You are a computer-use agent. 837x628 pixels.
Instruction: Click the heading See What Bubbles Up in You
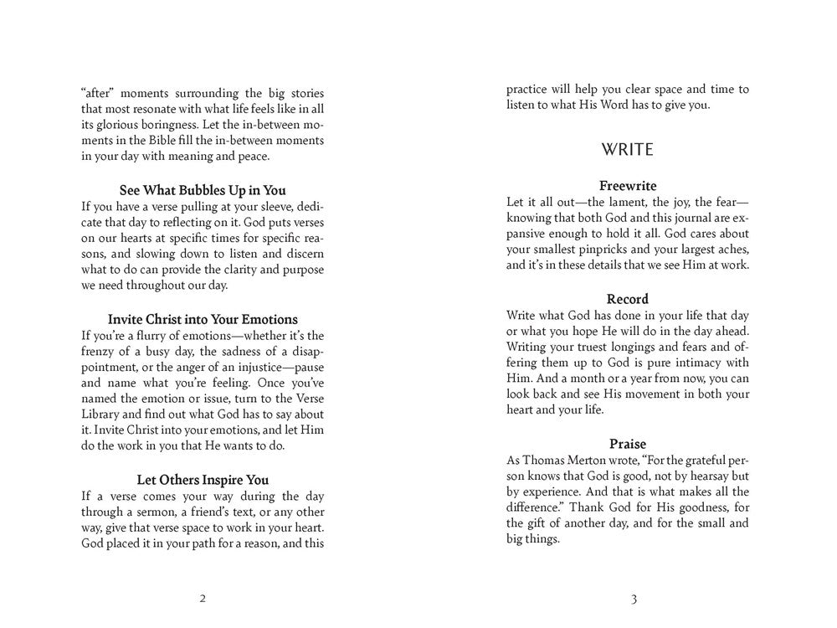pyautogui.click(x=203, y=190)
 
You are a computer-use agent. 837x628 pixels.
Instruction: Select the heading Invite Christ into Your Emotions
pyautogui.click(x=203, y=319)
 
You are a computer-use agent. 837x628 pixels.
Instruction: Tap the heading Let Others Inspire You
pyautogui.click(x=203, y=480)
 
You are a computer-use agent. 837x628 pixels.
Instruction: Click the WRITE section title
pyautogui.click(x=628, y=150)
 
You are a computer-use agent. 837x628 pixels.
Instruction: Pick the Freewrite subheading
pyautogui.click(x=628, y=186)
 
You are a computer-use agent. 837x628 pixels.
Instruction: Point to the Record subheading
pyautogui.click(x=628, y=299)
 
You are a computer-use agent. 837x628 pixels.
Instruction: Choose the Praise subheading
pyautogui.click(x=628, y=444)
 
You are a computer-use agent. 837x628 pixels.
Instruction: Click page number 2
pyautogui.click(x=203, y=599)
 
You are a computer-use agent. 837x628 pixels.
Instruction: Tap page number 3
pyautogui.click(x=634, y=599)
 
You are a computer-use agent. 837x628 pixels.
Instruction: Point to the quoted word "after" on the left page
pyautogui.click(x=99, y=93)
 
